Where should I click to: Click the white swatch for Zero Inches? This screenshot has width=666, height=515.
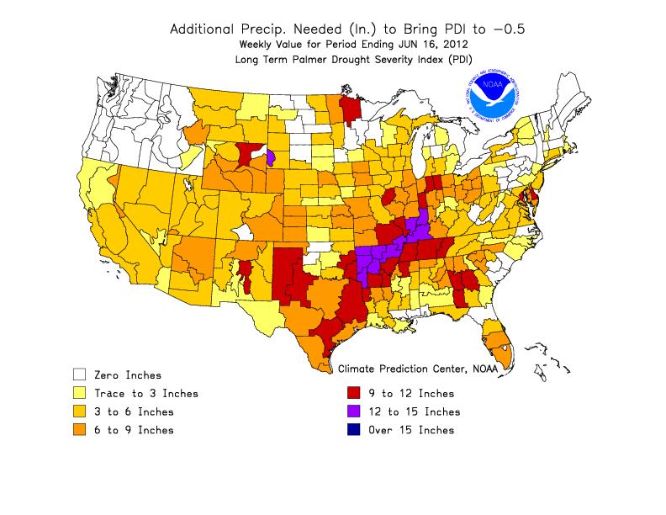80,374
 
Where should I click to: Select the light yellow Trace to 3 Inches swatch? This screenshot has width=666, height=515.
80,393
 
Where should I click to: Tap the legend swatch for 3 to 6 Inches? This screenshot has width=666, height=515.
80,411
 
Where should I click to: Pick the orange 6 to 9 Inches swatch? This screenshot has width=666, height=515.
80,430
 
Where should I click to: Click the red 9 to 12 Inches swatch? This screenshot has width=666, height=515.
355,393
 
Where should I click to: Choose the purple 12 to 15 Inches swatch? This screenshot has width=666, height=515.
355,411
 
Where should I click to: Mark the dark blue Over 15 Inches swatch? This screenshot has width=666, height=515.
355,430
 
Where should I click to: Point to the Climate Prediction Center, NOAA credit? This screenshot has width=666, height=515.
417,368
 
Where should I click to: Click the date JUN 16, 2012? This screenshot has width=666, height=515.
431,44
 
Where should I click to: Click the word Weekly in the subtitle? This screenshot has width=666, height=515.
257,44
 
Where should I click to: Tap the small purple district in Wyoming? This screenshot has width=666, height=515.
271,158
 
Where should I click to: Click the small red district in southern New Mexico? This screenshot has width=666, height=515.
244,273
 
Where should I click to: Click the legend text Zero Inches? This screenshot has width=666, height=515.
128,374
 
